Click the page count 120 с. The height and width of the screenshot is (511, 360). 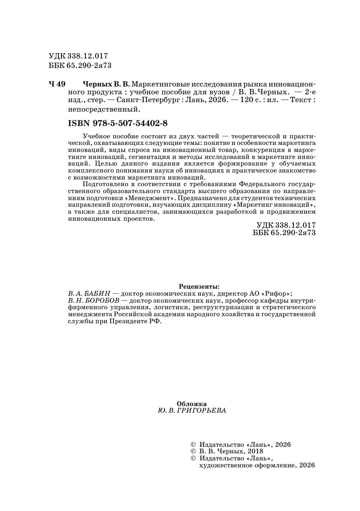[x=251, y=100]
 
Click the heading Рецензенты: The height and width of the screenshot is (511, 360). [x=199, y=286]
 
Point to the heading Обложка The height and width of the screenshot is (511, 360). [x=191, y=404]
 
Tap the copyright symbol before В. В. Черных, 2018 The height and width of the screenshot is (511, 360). [x=193, y=451]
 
